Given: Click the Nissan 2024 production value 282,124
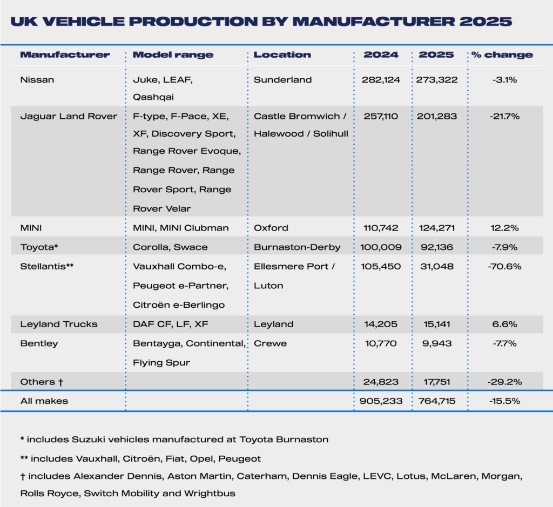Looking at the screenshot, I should click(x=381, y=80).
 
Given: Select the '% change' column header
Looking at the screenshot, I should click(x=502, y=55).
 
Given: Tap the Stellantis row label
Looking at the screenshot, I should click(x=47, y=266).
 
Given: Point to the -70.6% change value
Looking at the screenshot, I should click(x=502, y=266).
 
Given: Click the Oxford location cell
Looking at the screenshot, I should click(x=271, y=228).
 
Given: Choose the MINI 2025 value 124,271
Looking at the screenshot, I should click(x=437, y=228).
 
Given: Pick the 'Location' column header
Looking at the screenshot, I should click(x=282, y=55).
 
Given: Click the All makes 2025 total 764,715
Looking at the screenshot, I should click(x=437, y=401).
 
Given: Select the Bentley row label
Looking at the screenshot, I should click(x=39, y=343).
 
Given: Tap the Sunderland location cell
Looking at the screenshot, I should click(x=283, y=80).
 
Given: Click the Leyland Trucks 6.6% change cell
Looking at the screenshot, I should click(x=502, y=324).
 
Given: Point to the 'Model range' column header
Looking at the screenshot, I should click(x=173, y=55).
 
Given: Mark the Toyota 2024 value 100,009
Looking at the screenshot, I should click(x=381, y=247).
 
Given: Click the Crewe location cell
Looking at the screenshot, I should click(x=271, y=343).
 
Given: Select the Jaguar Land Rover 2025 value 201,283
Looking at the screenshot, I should click(x=437, y=116).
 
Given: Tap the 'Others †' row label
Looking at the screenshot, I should click(x=42, y=382).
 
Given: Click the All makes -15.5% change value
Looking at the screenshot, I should click(x=502, y=401).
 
